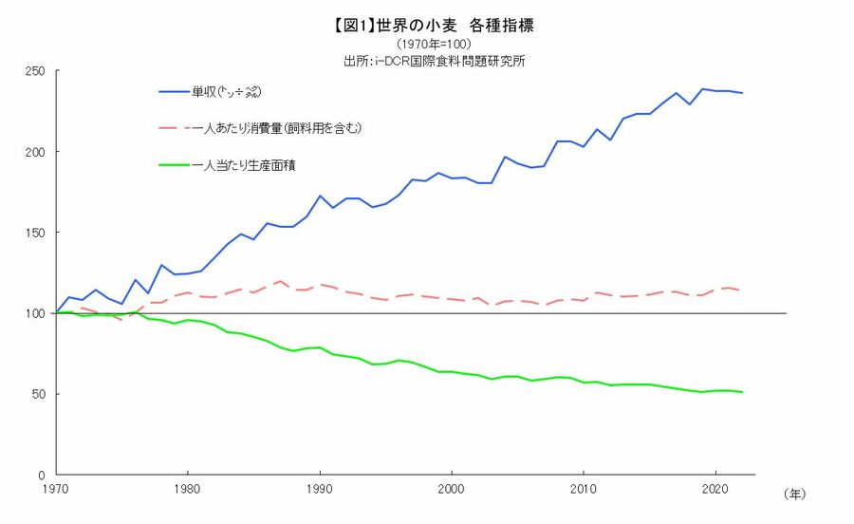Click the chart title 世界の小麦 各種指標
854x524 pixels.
pos(428,27)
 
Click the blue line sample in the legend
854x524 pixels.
pos(175,91)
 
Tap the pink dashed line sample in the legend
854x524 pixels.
pos(175,127)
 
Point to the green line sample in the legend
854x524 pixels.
pos(175,164)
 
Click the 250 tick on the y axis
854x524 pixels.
pos(37,71)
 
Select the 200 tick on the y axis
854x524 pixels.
pos(37,152)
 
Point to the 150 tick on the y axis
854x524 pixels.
pos(37,233)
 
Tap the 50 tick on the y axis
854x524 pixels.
pos(40,394)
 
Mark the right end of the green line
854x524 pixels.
pos(742,392)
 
